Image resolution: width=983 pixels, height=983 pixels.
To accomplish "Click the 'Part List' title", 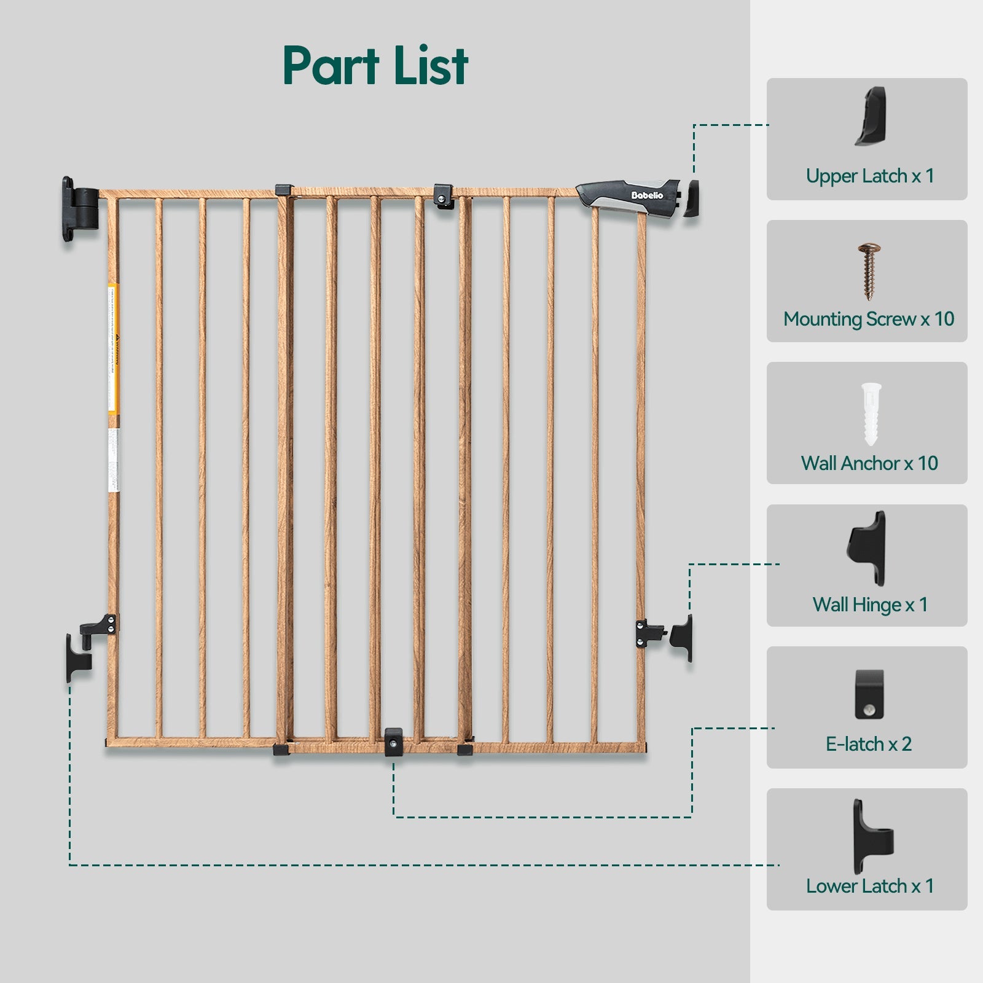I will pos(375,66).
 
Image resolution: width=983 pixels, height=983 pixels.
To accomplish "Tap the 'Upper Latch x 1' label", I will pos(869,176).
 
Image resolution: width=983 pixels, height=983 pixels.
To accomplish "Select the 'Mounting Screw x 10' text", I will pos(869,319).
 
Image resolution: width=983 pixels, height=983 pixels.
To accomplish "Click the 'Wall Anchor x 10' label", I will pos(869,463).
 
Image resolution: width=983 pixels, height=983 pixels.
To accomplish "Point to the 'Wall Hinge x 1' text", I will pos(869,605).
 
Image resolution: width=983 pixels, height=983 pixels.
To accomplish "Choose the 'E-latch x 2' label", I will pos(868,744).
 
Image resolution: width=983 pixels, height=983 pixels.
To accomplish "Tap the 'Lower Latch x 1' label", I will pos(869,886).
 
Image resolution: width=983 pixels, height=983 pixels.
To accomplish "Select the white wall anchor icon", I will pos(871,413).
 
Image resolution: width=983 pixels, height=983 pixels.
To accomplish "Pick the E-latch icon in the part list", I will pos(869,695).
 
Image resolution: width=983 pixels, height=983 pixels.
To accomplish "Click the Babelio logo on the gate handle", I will pos(647,195).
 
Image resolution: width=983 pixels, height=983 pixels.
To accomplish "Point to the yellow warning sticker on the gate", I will pos(114,348).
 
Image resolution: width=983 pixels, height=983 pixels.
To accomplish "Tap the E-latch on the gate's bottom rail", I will pos(393,741).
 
